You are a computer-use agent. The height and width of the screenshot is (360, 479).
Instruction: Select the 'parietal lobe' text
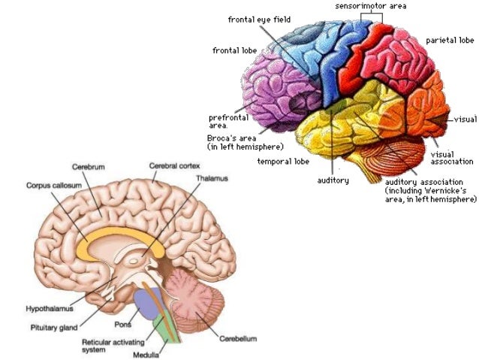450,41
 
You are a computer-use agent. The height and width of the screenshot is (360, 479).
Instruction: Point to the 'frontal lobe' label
234,50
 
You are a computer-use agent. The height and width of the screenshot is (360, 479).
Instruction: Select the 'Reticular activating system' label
111,345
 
